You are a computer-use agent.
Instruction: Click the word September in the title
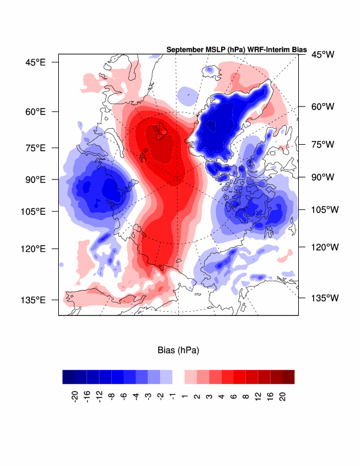186,49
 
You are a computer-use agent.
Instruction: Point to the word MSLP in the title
222,49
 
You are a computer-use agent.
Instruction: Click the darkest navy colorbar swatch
68,377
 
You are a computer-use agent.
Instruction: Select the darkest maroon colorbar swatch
288,377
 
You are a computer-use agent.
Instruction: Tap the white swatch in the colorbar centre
178,377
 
